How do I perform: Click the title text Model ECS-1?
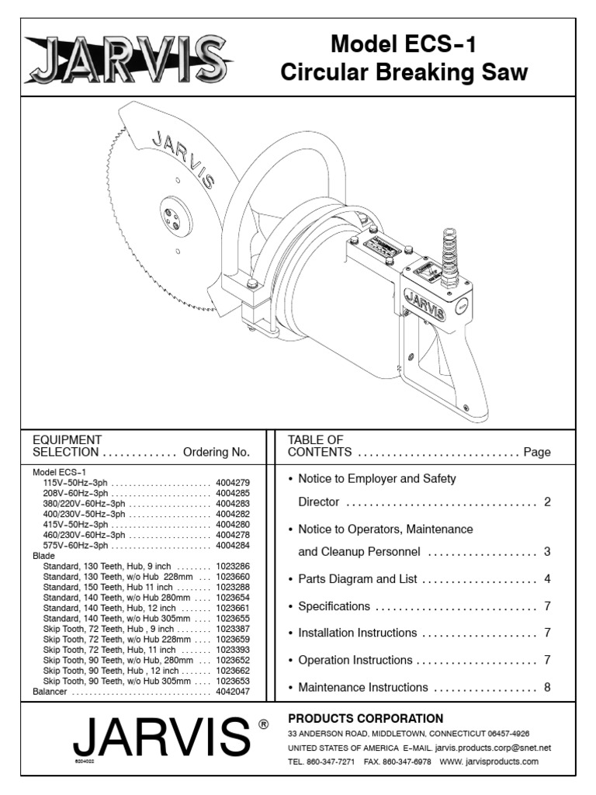pyautogui.click(x=404, y=44)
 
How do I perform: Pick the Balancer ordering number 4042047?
pyautogui.click(x=233, y=691)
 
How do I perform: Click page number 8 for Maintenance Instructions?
pyautogui.click(x=547, y=687)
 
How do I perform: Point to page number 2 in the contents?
pyautogui.click(x=547, y=502)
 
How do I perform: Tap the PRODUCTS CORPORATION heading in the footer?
pyautogui.click(x=366, y=718)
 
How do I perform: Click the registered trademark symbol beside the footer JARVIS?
pyautogui.click(x=263, y=724)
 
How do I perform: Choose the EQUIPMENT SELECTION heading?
pyautogui.click(x=66, y=446)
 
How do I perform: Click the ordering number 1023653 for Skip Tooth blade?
pyautogui.click(x=233, y=681)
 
